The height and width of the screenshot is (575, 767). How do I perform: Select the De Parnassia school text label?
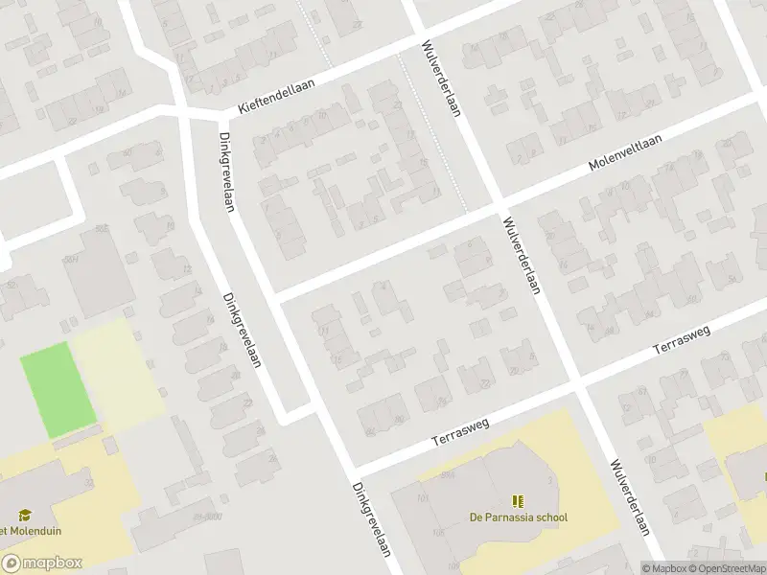tap(518, 517)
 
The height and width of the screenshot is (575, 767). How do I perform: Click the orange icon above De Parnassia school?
tap(518, 501)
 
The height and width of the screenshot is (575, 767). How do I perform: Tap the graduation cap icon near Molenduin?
tap(25, 515)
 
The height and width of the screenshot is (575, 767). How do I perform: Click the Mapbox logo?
tap(42, 563)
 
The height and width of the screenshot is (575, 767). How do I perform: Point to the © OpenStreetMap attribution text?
tap(728, 568)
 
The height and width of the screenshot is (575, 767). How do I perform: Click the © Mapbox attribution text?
tap(665, 568)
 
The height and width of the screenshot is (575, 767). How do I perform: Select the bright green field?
tap(58, 389)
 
